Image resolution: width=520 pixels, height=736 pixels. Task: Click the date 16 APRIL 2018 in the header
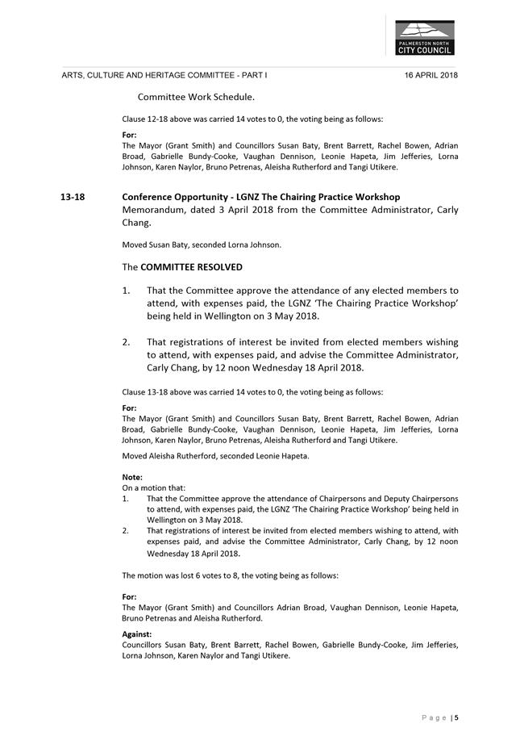point(431,75)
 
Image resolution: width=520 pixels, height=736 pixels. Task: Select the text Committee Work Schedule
point(196,97)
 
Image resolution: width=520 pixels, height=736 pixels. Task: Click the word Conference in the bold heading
point(148,197)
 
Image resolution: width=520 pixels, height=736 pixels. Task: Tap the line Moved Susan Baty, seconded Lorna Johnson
point(202,245)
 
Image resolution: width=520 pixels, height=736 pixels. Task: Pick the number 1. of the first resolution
point(127,290)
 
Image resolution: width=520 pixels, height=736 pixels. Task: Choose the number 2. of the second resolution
point(127,341)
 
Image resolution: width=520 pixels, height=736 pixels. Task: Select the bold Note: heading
point(132,477)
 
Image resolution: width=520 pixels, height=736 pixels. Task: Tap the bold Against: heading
point(136,634)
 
